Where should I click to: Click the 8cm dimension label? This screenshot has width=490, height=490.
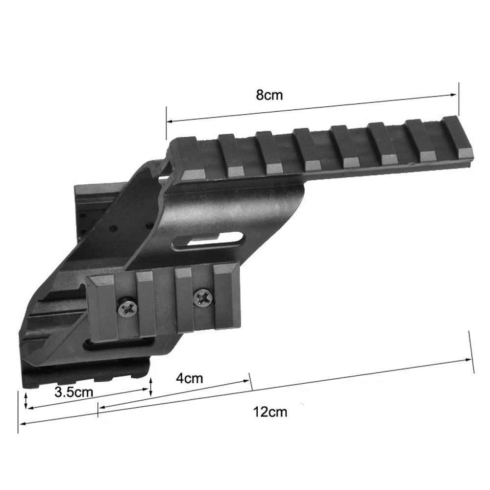[269, 95]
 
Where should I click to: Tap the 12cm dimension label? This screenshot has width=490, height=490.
[270, 412]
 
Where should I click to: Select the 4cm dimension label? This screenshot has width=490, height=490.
[189, 378]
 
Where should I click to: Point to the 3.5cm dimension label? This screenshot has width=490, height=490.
[74, 392]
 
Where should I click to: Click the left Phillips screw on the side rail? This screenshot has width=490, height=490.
[127, 309]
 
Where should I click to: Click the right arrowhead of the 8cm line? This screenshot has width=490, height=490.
[453, 95]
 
